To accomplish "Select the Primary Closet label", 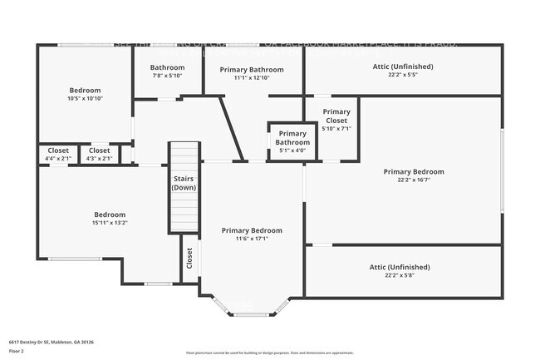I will [x=336, y=116].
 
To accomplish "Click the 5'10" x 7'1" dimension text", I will [x=336, y=129].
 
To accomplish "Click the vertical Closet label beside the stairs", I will [x=189, y=259].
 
